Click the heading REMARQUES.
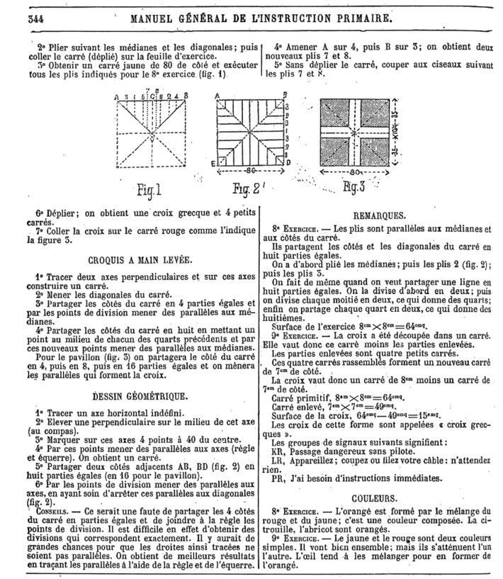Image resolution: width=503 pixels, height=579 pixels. pos(377,216)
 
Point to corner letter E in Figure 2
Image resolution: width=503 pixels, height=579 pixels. pos(211,162)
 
